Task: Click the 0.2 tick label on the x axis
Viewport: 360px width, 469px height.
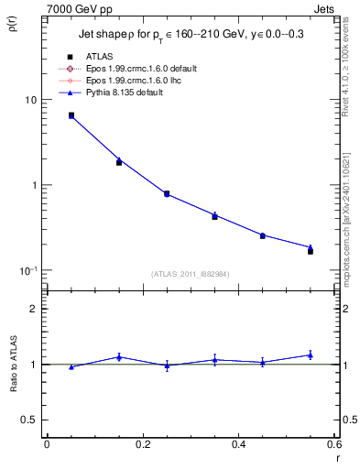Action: [x=142, y=445]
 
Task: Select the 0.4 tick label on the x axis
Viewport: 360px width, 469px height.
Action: [x=238, y=445]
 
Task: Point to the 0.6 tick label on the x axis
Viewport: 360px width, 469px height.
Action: [x=333, y=445]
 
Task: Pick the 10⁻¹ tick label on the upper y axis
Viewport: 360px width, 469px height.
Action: [x=30, y=271]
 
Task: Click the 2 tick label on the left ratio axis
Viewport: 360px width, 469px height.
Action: [x=34, y=309]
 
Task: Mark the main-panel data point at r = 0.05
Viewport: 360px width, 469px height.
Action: [x=71, y=115]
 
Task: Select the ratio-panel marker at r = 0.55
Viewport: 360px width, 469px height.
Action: [x=311, y=355]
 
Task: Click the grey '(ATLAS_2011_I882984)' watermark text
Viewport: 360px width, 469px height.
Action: [x=190, y=274]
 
